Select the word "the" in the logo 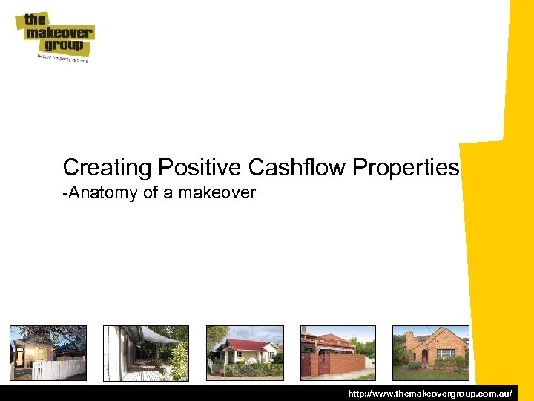[36, 20]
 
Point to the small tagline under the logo [64, 58]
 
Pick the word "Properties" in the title [406, 168]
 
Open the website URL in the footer [429, 392]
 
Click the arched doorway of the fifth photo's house [425, 356]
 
